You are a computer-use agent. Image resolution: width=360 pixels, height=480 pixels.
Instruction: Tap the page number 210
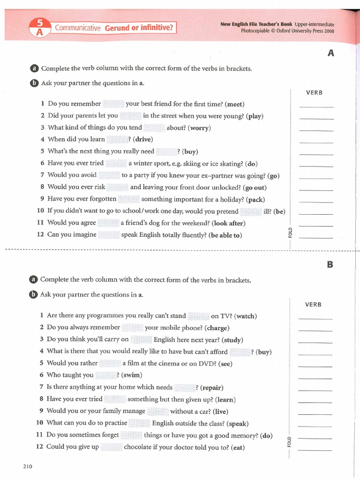[x=27, y=466]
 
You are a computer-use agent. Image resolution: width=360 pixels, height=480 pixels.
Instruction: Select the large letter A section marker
[x=331, y=53]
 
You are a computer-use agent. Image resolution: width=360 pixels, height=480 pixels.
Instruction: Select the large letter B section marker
[x=330, y=264]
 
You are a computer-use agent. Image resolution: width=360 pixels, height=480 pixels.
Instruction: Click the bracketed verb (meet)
[x=234, y=104]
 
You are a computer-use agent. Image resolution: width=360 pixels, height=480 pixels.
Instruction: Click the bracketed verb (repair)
[x=211, y=388]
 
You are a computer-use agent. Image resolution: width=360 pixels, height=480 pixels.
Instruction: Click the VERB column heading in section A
[x=314, y=93]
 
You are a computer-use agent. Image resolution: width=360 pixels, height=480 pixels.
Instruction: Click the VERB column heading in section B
[x=313, y=305]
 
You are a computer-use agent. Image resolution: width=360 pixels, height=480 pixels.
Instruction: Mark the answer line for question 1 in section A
[x=316, y=107]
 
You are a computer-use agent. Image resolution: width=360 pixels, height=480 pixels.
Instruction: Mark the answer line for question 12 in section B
[x=315, y=450]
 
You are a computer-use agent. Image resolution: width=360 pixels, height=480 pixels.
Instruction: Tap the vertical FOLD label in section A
[x=290, y=232]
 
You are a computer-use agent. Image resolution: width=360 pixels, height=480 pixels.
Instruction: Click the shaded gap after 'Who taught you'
[x=105, y=375]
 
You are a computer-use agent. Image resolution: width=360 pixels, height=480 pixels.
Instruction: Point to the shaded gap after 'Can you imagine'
[x=109, y=235]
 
